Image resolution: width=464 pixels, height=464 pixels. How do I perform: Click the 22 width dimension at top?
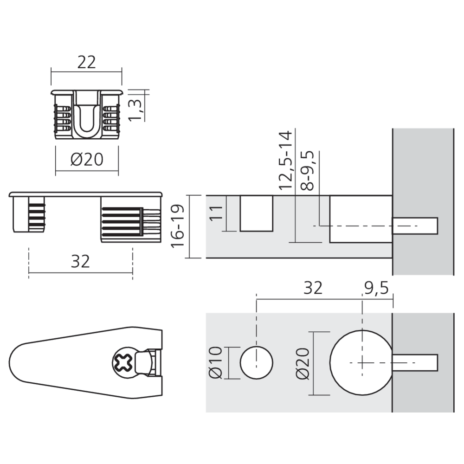click(86, 63)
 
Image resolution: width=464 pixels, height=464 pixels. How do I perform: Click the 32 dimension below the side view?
click(80, 262)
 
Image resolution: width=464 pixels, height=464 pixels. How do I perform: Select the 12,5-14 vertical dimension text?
click(285, 160)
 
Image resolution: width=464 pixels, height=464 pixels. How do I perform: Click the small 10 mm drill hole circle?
click(257, 362)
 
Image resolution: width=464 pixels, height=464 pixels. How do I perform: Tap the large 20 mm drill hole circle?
click(361, 362)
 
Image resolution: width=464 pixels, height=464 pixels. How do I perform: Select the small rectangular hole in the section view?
click(256, 213)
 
